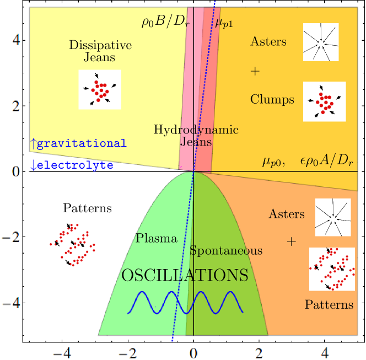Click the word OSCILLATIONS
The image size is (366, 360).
(185, 275)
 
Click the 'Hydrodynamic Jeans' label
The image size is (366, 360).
(196, 136)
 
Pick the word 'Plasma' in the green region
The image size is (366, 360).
(156, 238)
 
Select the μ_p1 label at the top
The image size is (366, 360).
(224, 23)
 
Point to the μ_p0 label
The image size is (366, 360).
(274, 162)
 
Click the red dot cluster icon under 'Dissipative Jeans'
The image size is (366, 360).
(100, 89)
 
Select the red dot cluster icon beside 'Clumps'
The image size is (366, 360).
(325, 101)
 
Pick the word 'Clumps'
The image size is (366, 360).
(272, 100)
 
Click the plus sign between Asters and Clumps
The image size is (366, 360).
(255, 71)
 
